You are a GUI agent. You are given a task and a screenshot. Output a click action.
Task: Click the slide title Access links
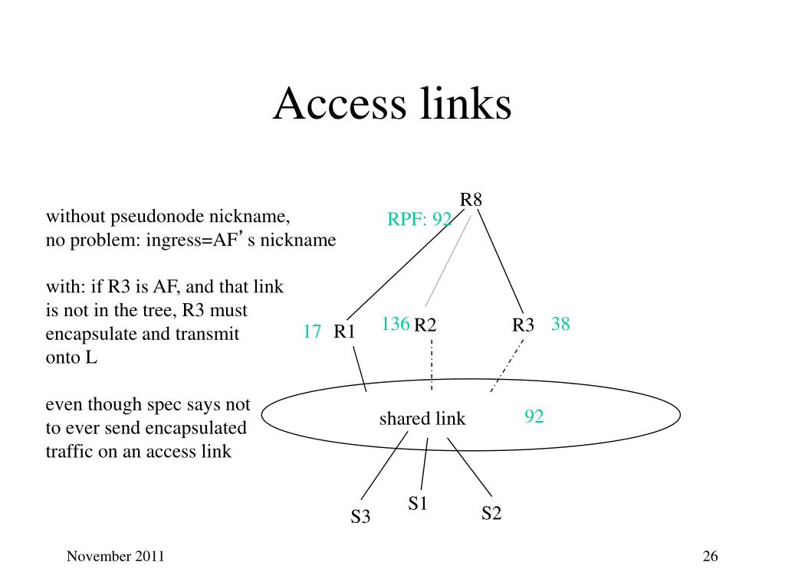pos(392,104)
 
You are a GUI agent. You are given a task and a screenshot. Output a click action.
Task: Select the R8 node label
pos(471,201)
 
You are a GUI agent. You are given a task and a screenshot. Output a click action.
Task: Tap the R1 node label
pos(344,332)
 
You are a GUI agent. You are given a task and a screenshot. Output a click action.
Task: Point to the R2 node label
pos(425,325)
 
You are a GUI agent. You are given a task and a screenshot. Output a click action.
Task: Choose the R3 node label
pos(523,325)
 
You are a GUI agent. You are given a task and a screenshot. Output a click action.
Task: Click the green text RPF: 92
pos(419,220)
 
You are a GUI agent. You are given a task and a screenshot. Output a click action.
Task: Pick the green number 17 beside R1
pos(312,332)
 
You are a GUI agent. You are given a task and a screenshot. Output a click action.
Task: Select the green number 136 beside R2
pos(396,324)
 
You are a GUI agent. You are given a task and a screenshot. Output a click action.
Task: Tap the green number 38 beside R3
pos(560,325)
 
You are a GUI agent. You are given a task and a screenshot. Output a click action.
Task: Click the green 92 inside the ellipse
pos(534,416)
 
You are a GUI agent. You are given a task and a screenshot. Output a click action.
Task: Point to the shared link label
pos(422,419)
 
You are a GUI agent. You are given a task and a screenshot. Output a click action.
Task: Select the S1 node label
pos(418,503)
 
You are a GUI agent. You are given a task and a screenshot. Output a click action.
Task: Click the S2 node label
pos(491,513)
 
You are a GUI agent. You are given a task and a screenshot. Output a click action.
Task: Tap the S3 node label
pos(360,517)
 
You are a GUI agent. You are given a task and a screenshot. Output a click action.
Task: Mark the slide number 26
pos(710,557)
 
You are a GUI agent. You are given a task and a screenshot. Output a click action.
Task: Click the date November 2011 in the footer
pos(116,557)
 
